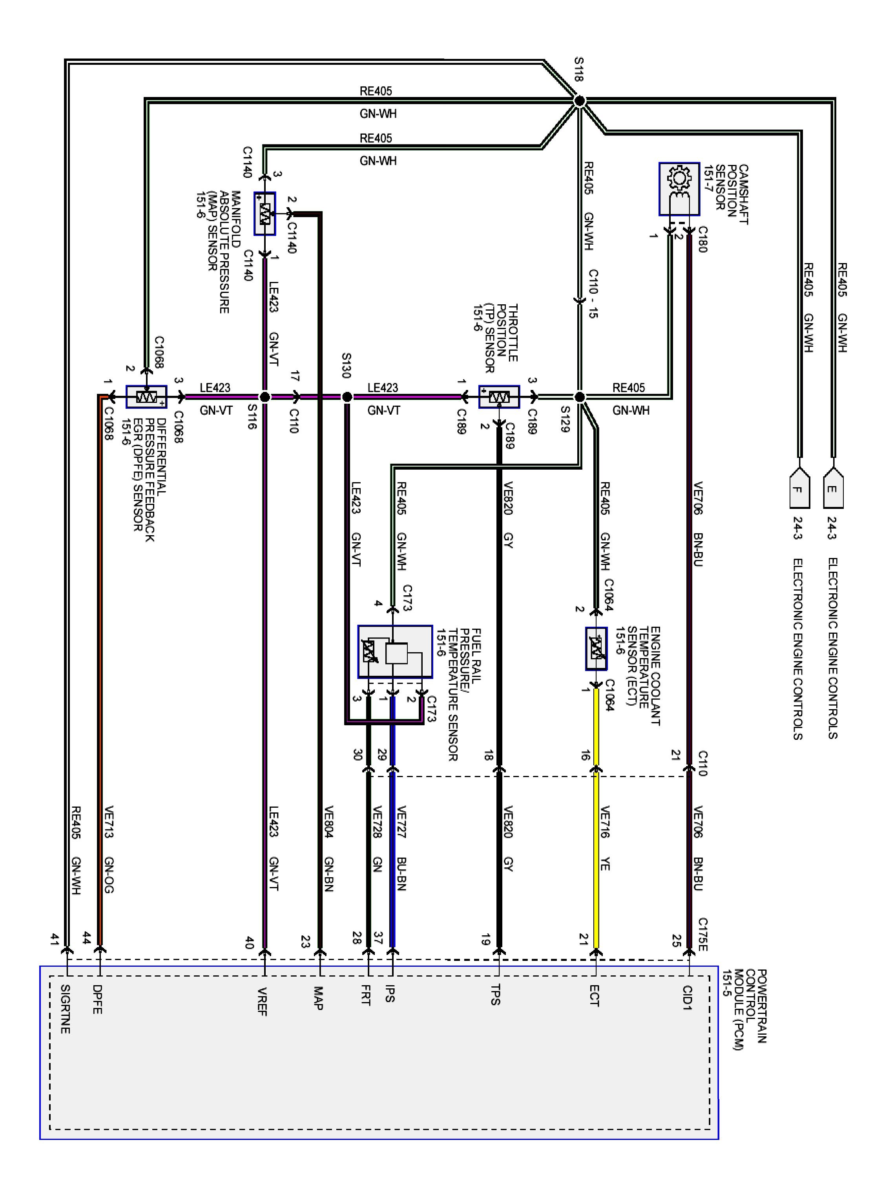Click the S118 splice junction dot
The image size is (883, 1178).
click(579, 101)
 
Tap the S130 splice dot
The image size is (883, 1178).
click(347, 397)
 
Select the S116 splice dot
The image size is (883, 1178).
click(265, 397)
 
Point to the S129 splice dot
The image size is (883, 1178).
click(580, 397)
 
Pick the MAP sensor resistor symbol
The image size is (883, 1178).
click(265, 214)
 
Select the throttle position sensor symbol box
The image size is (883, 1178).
click(499, 397)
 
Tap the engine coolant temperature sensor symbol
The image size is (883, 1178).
click(596, 648)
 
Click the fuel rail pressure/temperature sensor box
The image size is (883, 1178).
click(394, 651)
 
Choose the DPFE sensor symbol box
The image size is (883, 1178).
click(146, 397)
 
